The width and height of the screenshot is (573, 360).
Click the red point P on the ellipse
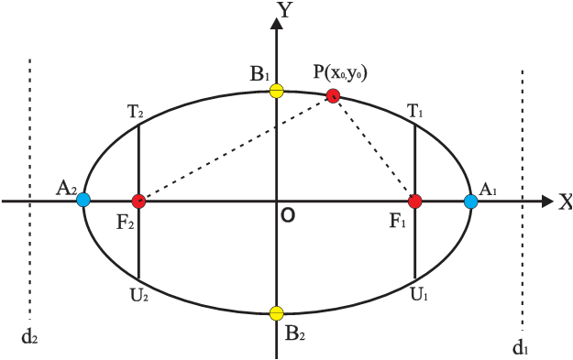(334, 94)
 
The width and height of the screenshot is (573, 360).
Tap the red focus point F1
(415, 201)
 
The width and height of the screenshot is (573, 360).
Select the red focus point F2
(138, 201)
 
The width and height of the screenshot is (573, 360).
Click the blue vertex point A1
(471, 201)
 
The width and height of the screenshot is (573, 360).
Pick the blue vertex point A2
(83, 199)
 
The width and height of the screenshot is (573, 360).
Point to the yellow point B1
(277, 91)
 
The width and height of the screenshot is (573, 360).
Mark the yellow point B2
(277, 313)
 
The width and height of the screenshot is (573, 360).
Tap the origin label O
(288, 215)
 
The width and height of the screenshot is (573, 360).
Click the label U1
(418, 294)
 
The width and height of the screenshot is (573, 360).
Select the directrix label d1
(520, 346)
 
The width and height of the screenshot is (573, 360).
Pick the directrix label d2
(28, 335)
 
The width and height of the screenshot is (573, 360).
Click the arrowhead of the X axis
(548, 201)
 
